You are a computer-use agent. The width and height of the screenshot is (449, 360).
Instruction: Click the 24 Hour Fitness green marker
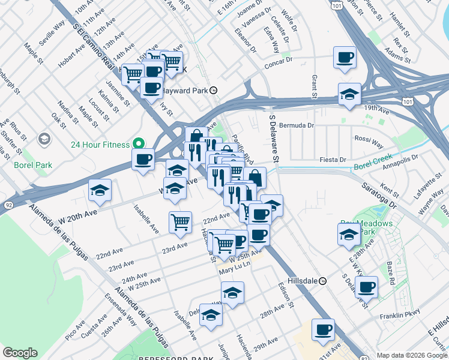[138, 144]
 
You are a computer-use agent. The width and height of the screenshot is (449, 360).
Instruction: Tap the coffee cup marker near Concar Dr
[345, 58]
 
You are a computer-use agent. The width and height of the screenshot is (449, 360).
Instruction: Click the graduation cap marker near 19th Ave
[349, 94]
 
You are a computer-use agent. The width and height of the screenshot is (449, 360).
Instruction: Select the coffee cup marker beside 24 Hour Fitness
[143, 160]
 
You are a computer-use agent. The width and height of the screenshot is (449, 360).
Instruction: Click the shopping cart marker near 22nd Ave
[180, 223]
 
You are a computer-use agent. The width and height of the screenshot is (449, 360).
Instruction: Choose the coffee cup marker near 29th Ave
[323, 329]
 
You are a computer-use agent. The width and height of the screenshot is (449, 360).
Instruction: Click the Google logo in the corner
[20, 353]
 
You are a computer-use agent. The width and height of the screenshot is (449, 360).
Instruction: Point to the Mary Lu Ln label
[234, 271]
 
